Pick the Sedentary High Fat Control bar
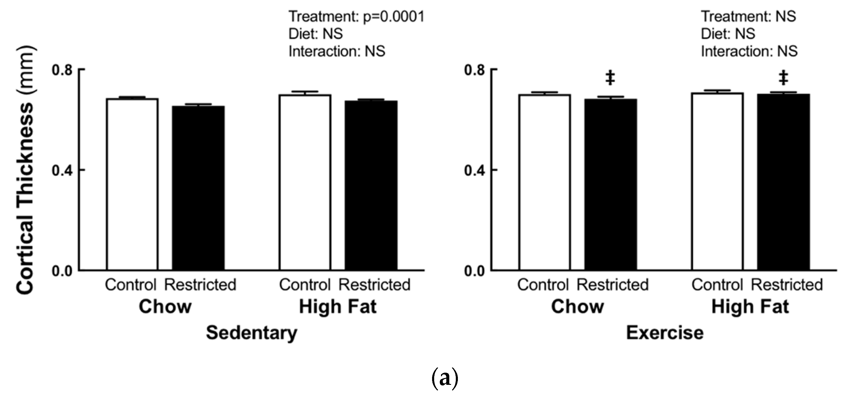tap(305, 182)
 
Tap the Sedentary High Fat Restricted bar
tap(371, 185)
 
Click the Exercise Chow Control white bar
tap(544, 182)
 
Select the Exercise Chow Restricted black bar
tap(611, 184)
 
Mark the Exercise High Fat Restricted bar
tap(784, 182)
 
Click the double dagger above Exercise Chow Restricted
tap(610, 78)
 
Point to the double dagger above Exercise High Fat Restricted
tap(784, 78)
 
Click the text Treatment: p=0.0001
tap(356, 16)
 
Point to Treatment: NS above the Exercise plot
tap(748, 16)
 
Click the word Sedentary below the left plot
tap(251, 334)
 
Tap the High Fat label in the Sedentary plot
tap(338, 307)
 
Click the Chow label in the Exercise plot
tap(577, 307)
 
